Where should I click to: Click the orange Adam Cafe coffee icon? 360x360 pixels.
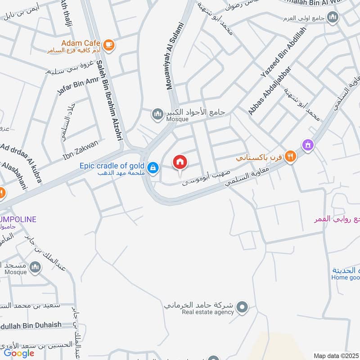tap(108, 45)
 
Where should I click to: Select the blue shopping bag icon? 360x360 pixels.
tap(154, 167)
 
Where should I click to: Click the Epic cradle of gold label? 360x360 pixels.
tap(112, 166)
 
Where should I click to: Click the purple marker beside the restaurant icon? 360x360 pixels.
tap(308, 145)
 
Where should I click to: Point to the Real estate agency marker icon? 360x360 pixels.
tap(243, 308)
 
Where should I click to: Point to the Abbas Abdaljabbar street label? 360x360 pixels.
tap(269, 90)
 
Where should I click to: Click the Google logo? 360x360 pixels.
tap(19, 353)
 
